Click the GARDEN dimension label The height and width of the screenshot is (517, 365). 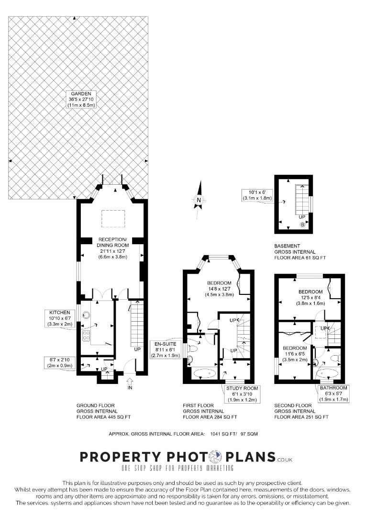tap(81, 99)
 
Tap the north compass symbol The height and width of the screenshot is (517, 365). tap(199, 200)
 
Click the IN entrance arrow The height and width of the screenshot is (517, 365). tap(130, 383)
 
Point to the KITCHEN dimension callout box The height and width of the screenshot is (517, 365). tap(60, 318)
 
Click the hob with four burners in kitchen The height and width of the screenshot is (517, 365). tap(86, 336)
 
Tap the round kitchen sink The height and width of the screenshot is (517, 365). tap(87, 315)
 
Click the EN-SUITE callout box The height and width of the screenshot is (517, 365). tap(166, 350)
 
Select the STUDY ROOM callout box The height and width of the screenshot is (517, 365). tap(242, 394)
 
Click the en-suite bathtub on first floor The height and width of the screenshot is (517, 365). tap(205, 374)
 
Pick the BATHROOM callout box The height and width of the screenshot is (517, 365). tap(333, 393)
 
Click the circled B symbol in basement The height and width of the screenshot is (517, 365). tap(302, 225)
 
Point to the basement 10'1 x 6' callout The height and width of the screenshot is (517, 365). tap(257, 195)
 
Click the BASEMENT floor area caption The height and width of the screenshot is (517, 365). tap(300, 252)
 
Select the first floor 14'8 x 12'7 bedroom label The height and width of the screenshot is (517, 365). tap(219, 289)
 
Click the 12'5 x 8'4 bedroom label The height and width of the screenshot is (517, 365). tap(310, 297)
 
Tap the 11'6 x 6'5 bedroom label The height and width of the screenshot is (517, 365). tap(295, 354)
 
